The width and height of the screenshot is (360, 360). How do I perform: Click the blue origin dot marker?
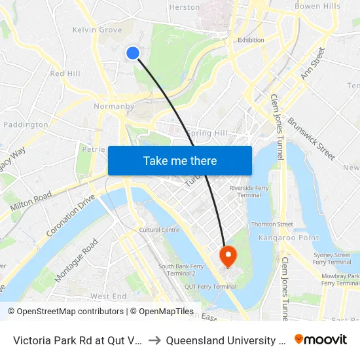pos(133,53)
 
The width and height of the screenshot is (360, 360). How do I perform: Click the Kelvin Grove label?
pos(97,30)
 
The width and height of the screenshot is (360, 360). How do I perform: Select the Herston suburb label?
pos(185,7)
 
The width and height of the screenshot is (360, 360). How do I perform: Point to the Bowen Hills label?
pos(317,7)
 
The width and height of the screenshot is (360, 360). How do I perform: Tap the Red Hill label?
pos(65,74)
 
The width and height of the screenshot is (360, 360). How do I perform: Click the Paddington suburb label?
pos(26,124)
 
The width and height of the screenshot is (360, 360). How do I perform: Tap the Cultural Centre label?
pos(159,230)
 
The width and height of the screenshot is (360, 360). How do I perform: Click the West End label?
pos(108,297)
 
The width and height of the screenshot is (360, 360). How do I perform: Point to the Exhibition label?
pos(251,40)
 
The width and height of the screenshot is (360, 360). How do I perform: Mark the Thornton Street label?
pos(272,225)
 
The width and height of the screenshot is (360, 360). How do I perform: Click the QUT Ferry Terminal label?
pos(210,287)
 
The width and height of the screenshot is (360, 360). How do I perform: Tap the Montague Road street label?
pos(77,261)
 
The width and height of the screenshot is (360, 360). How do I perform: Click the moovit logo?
pos(321,339)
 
